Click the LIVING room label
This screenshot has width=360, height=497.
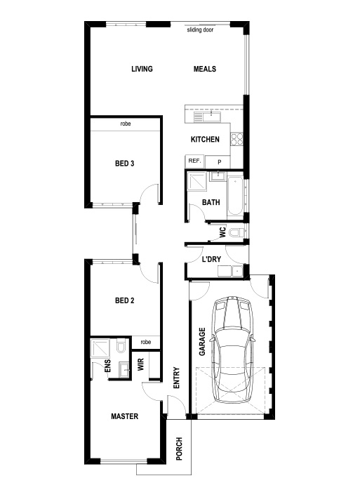tap(142, 69)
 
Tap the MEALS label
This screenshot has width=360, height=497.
tap(205, 69)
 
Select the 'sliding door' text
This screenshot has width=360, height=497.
tap(200, 29)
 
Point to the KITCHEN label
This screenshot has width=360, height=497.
tap(205, 139)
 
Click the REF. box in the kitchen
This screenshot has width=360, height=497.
tap(194, 161)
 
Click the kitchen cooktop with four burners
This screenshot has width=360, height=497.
tap(236, 139)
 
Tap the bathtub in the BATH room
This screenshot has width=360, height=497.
tap(235, 196)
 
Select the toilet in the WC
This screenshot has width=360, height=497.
tap(236, 233)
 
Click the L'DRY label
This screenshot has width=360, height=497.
tap(211, 259)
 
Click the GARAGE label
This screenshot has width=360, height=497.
tap(202, 342)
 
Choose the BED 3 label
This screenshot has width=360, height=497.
tap(124, 164)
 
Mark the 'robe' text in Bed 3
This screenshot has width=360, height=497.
tap(126, 124)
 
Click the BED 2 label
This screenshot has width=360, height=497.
tap(124, 300)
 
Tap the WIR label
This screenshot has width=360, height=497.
tap(141, 364)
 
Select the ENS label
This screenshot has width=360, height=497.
tap(108, 366)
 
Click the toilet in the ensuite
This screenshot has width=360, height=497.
tap(121, 346)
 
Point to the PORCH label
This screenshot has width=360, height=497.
tap(179, 449)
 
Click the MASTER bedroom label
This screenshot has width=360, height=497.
tap(124, 416)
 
